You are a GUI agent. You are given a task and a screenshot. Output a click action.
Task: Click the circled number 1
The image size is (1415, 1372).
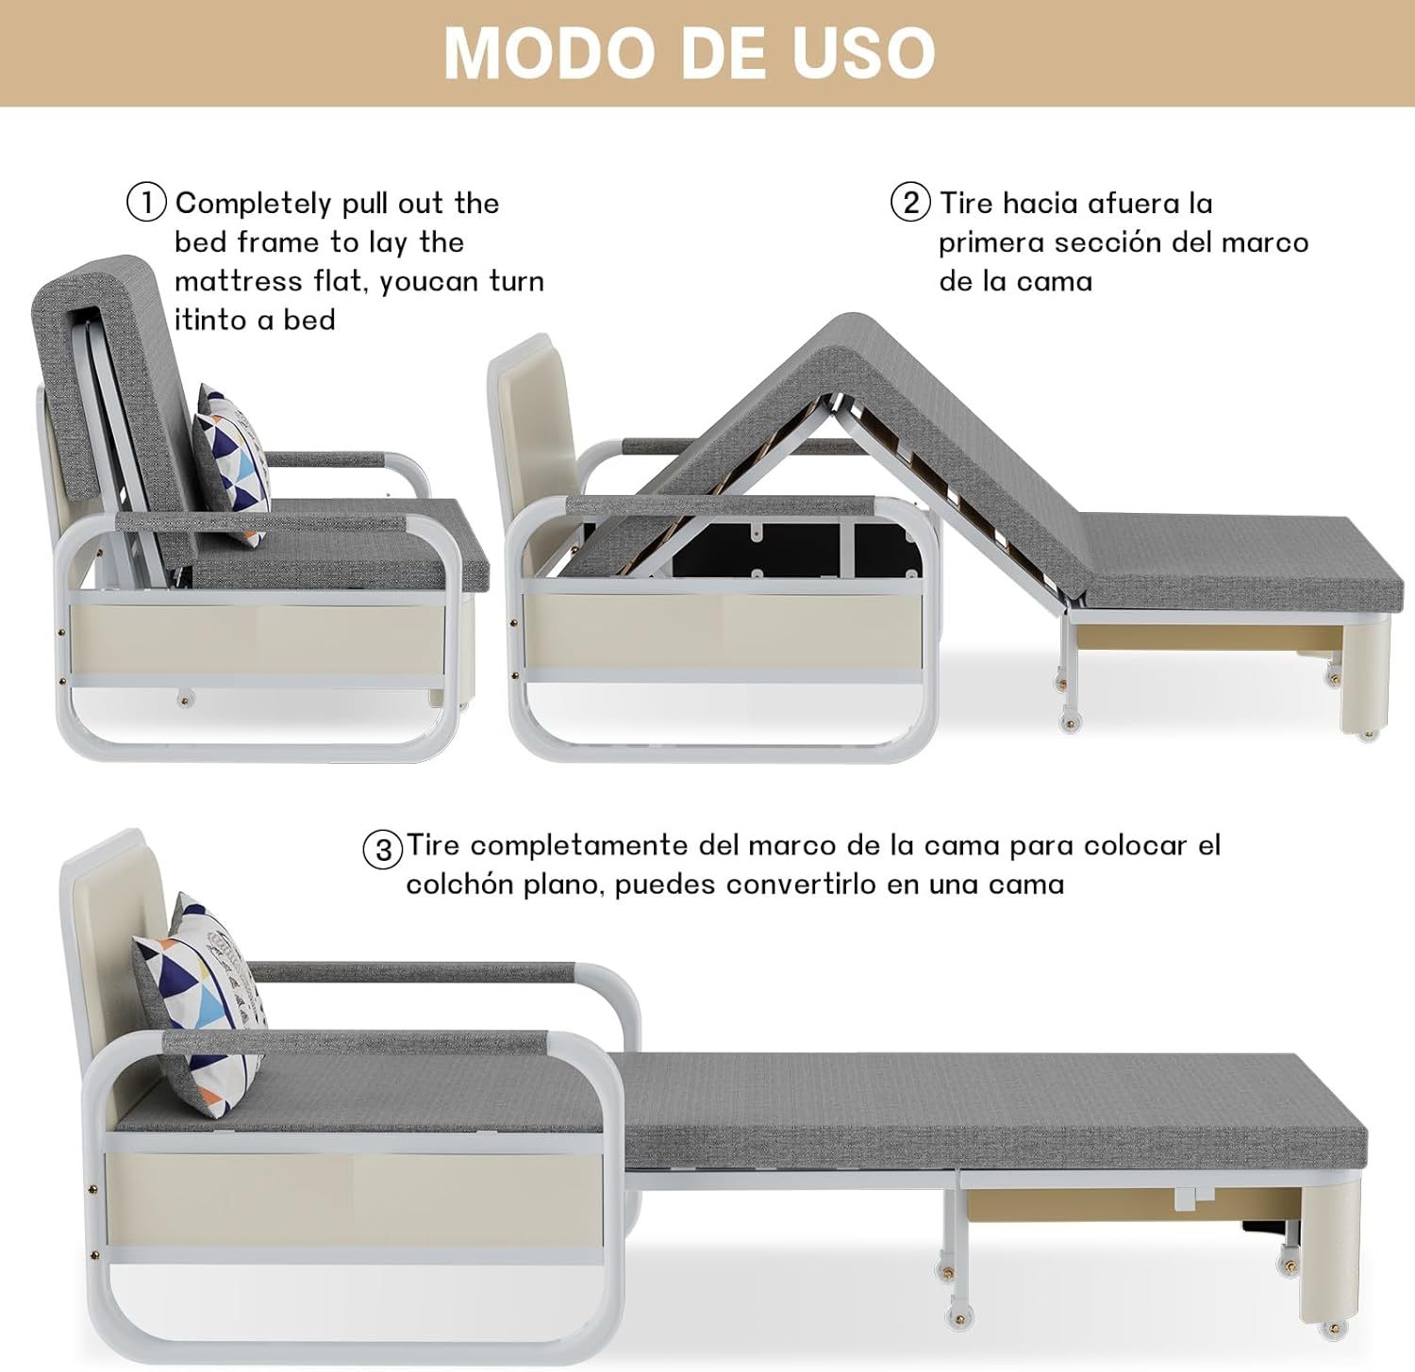[x=146, y=203]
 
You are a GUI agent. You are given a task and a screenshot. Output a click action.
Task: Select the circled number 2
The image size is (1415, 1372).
[x=910, y=203]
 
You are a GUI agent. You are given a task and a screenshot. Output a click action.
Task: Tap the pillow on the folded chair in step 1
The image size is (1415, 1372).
[x=232, y=464]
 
